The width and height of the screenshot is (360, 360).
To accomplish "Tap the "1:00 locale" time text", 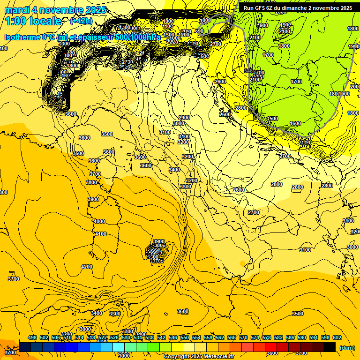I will click(33, 21).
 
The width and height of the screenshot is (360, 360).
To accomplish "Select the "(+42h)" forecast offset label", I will click(81, 21).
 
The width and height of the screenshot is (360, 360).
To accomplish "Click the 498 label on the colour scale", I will click(32, 338).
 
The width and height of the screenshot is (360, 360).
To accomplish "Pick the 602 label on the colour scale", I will click(337, 338).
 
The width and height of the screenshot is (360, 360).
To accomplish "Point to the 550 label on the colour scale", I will click(185, 338).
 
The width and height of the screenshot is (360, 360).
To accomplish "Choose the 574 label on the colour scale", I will click(255, 338).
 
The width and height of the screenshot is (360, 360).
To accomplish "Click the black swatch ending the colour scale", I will click(330, 347).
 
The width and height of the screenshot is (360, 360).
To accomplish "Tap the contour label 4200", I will click(87, 267).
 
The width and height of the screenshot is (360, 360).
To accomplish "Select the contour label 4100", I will click(100, 234).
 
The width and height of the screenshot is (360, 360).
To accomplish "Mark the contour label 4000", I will click(99, 221).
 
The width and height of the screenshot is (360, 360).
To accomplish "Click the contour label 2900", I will click(184, 118).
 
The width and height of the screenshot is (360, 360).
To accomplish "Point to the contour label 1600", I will click(295, 123).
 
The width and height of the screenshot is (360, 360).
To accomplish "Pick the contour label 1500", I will click(272, 119).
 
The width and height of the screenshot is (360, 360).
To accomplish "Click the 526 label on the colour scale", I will click(114, 338).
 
